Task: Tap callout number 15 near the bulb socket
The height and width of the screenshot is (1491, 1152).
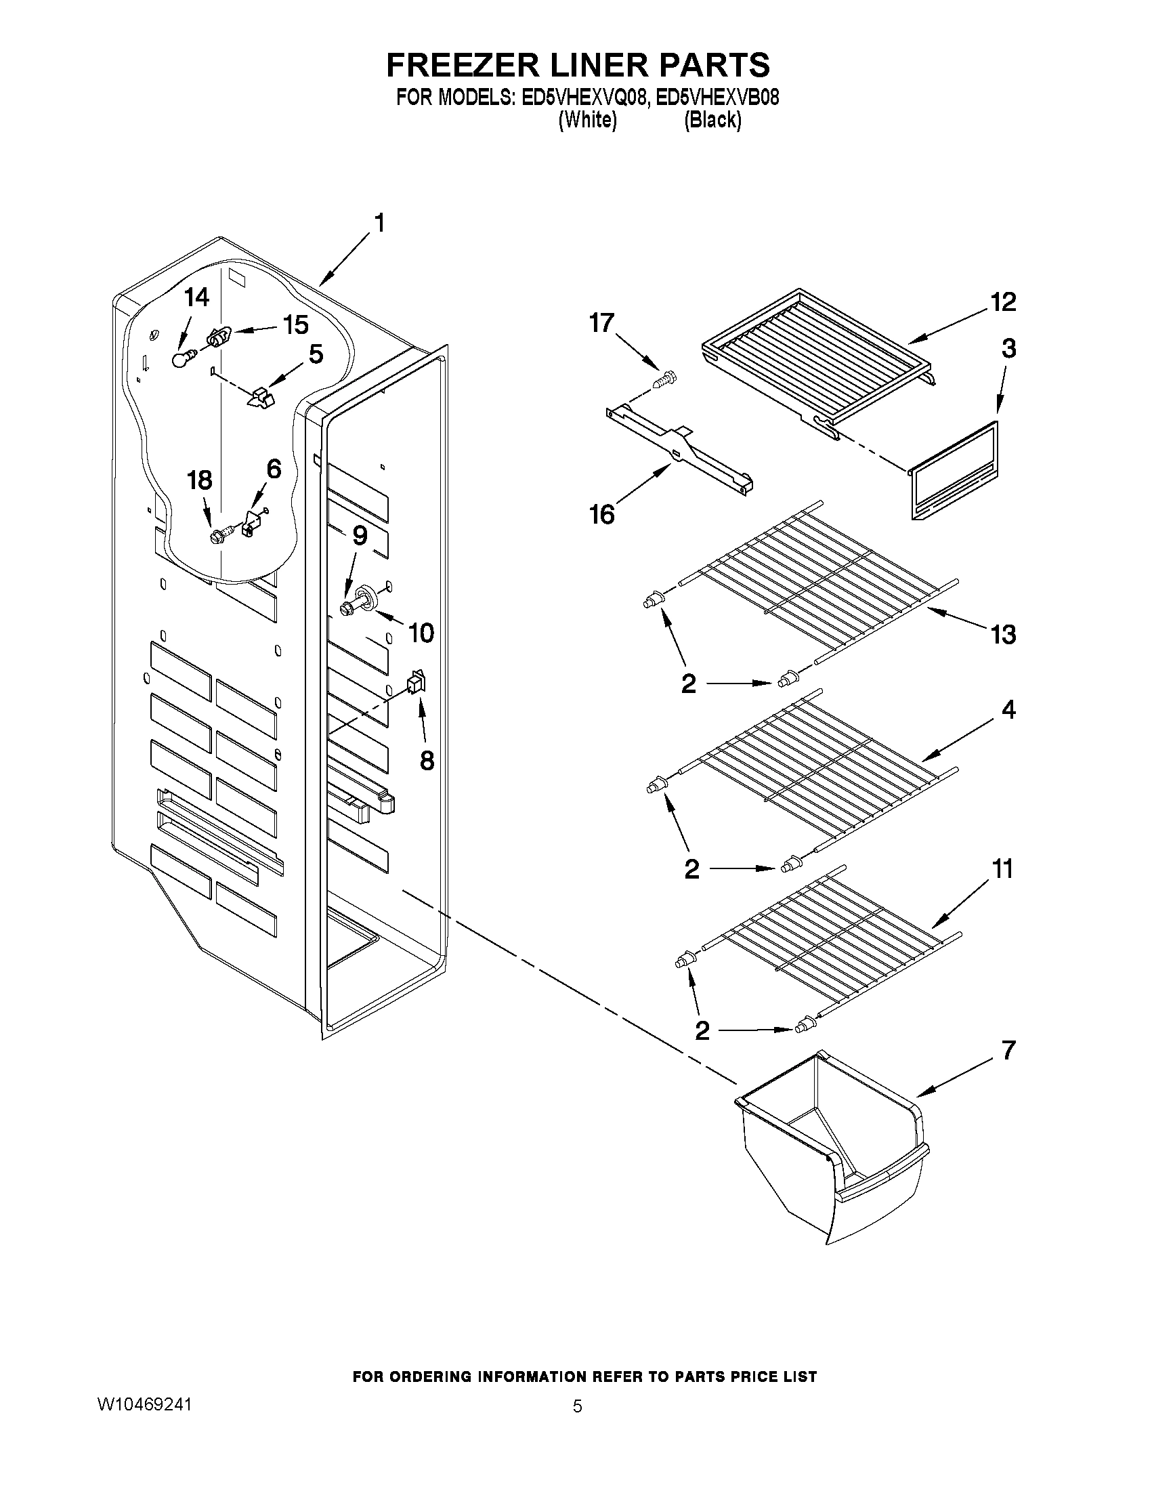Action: (296, 325)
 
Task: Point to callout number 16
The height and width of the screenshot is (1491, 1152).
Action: (602, 514)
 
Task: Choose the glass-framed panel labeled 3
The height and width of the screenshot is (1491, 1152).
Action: (953, 471)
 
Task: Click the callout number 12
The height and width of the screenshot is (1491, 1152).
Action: (1003, 301)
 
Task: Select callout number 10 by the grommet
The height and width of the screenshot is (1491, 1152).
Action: (421, 633)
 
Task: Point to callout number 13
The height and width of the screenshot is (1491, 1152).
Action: (1003, 634)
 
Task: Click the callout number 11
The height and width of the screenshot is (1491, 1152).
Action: (1002, 869)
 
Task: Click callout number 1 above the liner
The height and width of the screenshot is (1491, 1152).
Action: (379, 224)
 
